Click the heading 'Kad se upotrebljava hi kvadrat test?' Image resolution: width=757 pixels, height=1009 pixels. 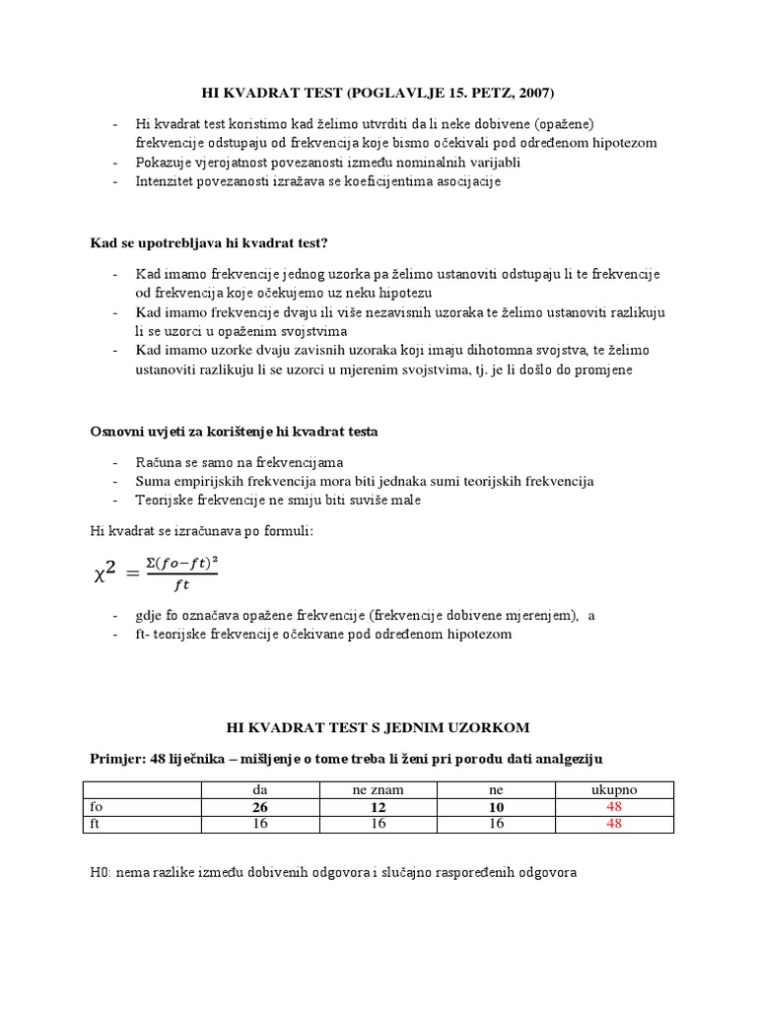point(209,242)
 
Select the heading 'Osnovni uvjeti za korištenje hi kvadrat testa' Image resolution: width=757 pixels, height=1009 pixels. point(234,432)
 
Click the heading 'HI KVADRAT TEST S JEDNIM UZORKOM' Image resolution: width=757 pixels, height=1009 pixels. point(378,727)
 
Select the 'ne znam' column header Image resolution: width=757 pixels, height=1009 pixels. point(378,790)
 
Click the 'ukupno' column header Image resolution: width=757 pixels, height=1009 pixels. point(614,790)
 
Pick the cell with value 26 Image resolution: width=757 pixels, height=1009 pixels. point(260,807)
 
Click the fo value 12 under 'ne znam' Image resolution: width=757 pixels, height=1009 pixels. point(378,807)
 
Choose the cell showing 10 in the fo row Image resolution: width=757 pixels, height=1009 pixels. point(496,807)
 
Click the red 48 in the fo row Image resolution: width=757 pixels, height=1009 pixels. point(614,807)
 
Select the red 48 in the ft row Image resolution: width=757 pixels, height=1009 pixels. point(614,824)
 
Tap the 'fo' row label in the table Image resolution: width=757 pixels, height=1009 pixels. point(97,807)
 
